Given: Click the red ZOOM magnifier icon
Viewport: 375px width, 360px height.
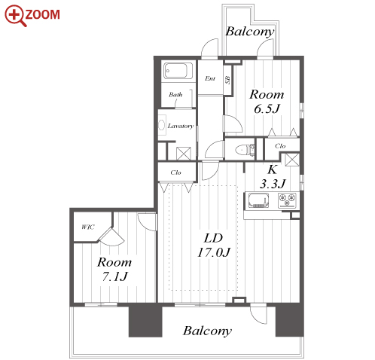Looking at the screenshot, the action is pyautogui.click(x=15, y=16).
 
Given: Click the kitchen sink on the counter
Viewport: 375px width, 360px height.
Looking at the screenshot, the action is pyautogui.click(x=258, y=200).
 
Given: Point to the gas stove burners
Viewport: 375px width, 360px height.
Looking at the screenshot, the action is pyautogui.click(x=288, y=200).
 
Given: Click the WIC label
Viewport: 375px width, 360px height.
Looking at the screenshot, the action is pyautogui.click(x=88, y=227).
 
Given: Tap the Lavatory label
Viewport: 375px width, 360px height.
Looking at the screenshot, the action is pyautogui.click(x=181, y=126).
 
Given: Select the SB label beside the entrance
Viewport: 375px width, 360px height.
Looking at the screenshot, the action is pyautogui.click(x=227, y=80).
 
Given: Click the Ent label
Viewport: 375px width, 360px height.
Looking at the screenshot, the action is pyautogui.click(x=210, y=78).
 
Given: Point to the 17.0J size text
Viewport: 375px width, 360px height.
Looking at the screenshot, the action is pyautogui.click(x=214, y=252).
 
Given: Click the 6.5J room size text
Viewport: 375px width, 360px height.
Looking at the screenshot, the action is pyautogui.click(x=267, y=108).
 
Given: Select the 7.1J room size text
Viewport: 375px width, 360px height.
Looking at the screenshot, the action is pyautogui.click(x=114, y=276).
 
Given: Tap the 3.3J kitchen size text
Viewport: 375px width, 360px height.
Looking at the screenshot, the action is pyautogui.click(x=273, y=184).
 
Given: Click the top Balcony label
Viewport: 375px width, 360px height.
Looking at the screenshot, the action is pyautogui.click(x=250, y=32).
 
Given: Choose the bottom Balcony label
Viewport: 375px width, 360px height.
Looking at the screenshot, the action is pyautogui.click(x=207, y=331).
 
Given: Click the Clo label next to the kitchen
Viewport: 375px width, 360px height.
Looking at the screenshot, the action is pyautogui.click(x=280, y=146).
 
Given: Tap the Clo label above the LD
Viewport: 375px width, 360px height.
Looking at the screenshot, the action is pyautogui.click(x=175, y=172).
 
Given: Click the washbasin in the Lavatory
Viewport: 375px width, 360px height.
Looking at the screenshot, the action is pyautogui.click(x=162, y=125).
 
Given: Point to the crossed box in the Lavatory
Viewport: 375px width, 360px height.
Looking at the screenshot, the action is pyautogui.click(x=184, y=154).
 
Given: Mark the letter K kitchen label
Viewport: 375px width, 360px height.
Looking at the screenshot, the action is pyautogui.click(x=273, y=169).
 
